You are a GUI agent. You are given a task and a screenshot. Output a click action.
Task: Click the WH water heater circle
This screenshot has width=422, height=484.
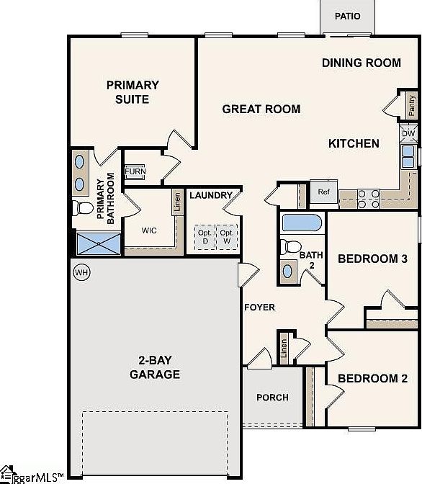82,272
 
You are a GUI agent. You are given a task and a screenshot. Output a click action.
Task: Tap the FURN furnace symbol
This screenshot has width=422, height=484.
135,171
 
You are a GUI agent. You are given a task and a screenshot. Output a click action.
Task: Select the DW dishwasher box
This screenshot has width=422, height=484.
408,134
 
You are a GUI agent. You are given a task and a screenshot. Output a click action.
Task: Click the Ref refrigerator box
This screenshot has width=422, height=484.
323,192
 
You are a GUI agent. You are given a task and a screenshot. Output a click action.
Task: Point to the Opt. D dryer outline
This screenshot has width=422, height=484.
205,237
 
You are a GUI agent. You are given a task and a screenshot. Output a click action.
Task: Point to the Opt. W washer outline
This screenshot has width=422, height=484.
227,237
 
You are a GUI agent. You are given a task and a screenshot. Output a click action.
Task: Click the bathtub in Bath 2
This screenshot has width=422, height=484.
302,223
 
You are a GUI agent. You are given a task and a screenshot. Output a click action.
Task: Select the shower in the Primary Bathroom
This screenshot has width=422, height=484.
99,244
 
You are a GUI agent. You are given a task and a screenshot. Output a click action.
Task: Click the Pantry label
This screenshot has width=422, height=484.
411,105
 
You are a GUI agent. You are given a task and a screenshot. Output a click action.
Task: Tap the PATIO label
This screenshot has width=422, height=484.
347,16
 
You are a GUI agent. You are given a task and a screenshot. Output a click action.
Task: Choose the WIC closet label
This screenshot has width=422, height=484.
149,230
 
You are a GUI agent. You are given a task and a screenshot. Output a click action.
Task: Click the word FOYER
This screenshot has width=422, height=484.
260,308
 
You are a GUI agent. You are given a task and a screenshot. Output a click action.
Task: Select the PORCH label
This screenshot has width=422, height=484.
273,398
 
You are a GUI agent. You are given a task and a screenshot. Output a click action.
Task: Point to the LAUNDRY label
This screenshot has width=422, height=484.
211,195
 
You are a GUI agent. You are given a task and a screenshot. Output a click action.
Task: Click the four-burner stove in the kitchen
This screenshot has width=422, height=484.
369,199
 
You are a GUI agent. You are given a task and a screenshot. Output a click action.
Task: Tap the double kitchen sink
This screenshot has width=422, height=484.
408,157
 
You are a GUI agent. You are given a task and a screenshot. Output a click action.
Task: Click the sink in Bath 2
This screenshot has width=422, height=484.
287,272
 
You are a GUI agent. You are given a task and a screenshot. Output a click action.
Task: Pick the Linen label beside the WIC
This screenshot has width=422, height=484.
177,202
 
